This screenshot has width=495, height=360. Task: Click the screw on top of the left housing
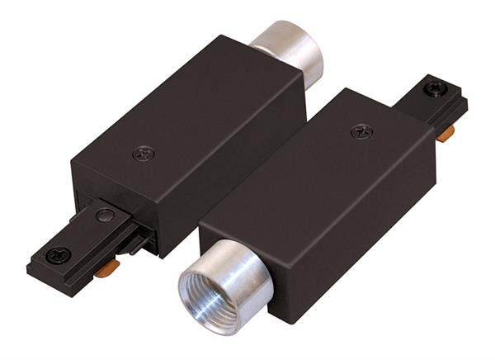tap(144, 153)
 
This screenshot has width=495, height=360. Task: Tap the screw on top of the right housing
tap(361, 131)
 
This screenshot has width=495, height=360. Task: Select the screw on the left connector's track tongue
tap(58, 255)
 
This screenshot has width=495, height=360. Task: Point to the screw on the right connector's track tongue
tap(435, 88)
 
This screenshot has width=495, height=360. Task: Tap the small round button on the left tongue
tap(105, 216)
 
